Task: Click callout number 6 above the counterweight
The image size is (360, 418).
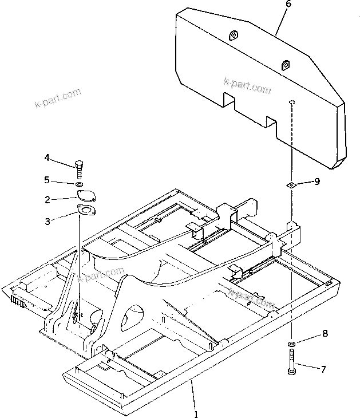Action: (x=288, y=5)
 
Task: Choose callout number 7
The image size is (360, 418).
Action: (x=325, y=370)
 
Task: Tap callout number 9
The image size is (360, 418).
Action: (x=317, y=182)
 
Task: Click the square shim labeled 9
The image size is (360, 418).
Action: (x=291, y=184)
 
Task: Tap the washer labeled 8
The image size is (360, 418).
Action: (x=292, y=344)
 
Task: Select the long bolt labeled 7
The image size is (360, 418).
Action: (x=292, y=364)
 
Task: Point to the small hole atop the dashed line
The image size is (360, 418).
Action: (x=291, y=102)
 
